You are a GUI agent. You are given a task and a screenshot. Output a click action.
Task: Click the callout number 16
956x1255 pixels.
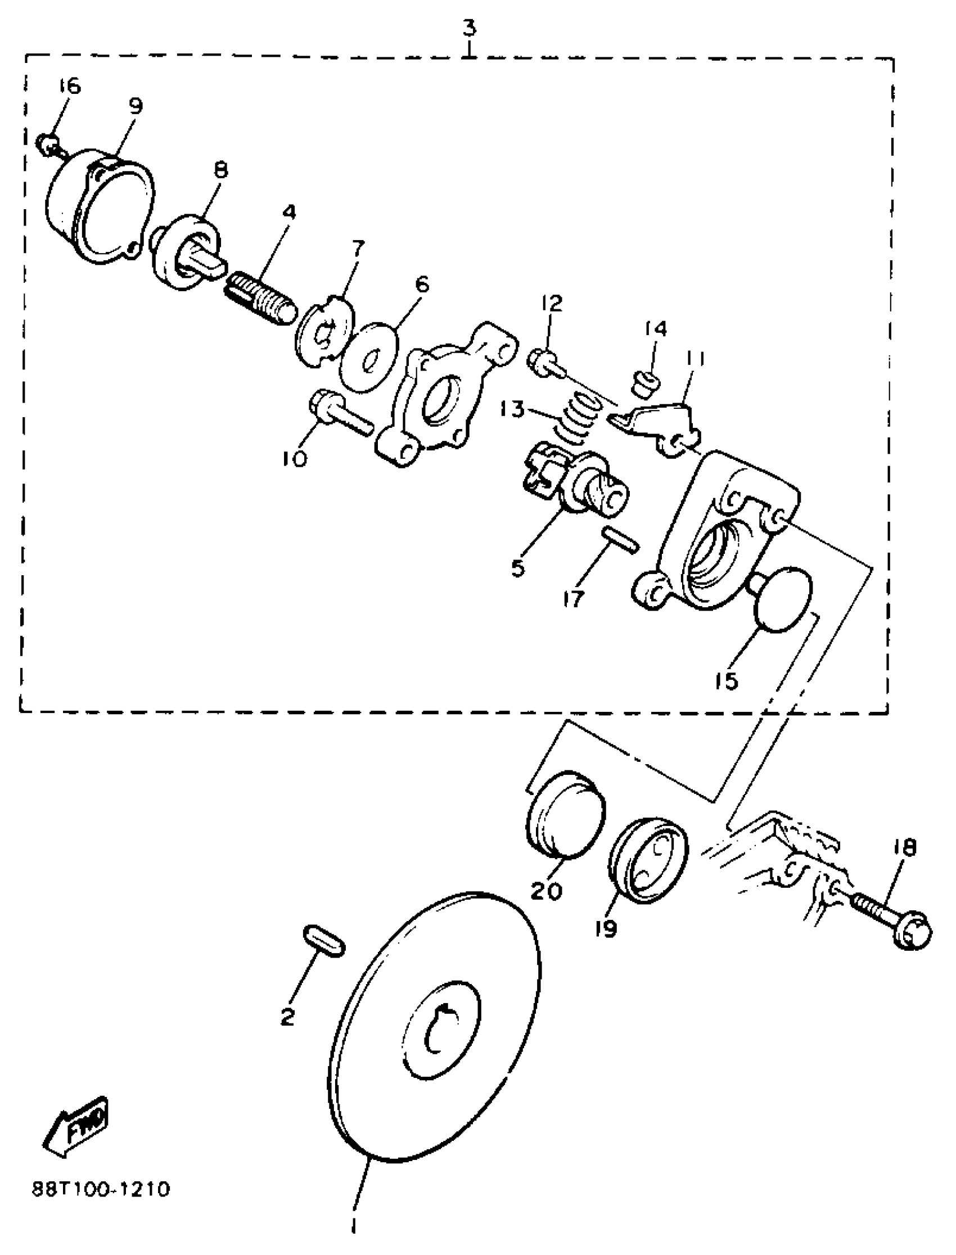pyautogui.click(x=69, y=85)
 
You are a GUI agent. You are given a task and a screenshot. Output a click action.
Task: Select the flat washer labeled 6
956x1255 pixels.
pyautogui.click(x=369, y=356)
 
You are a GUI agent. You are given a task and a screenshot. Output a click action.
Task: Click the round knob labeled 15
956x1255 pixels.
pyautogui.click(x=782, y=599)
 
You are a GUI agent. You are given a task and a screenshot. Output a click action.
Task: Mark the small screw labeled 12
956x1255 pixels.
pyautogui.click(x=548, y=364)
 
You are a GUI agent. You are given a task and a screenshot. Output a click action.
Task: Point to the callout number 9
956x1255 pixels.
pyautogui.click(x=136, y=105)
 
